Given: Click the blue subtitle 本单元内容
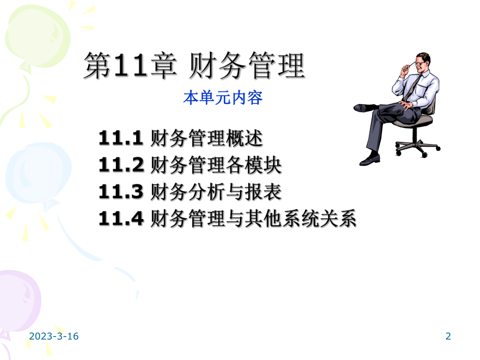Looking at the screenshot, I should point(222,98).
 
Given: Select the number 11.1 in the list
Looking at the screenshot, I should point(121,139).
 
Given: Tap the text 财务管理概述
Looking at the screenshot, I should point(206,139).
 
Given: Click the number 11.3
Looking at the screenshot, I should point(121,193).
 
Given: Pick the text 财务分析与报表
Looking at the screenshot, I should point(215,193).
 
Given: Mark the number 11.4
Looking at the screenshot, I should point(121,220).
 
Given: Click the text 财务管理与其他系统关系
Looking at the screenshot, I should point(253,220).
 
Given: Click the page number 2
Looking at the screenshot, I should point(448,337).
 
